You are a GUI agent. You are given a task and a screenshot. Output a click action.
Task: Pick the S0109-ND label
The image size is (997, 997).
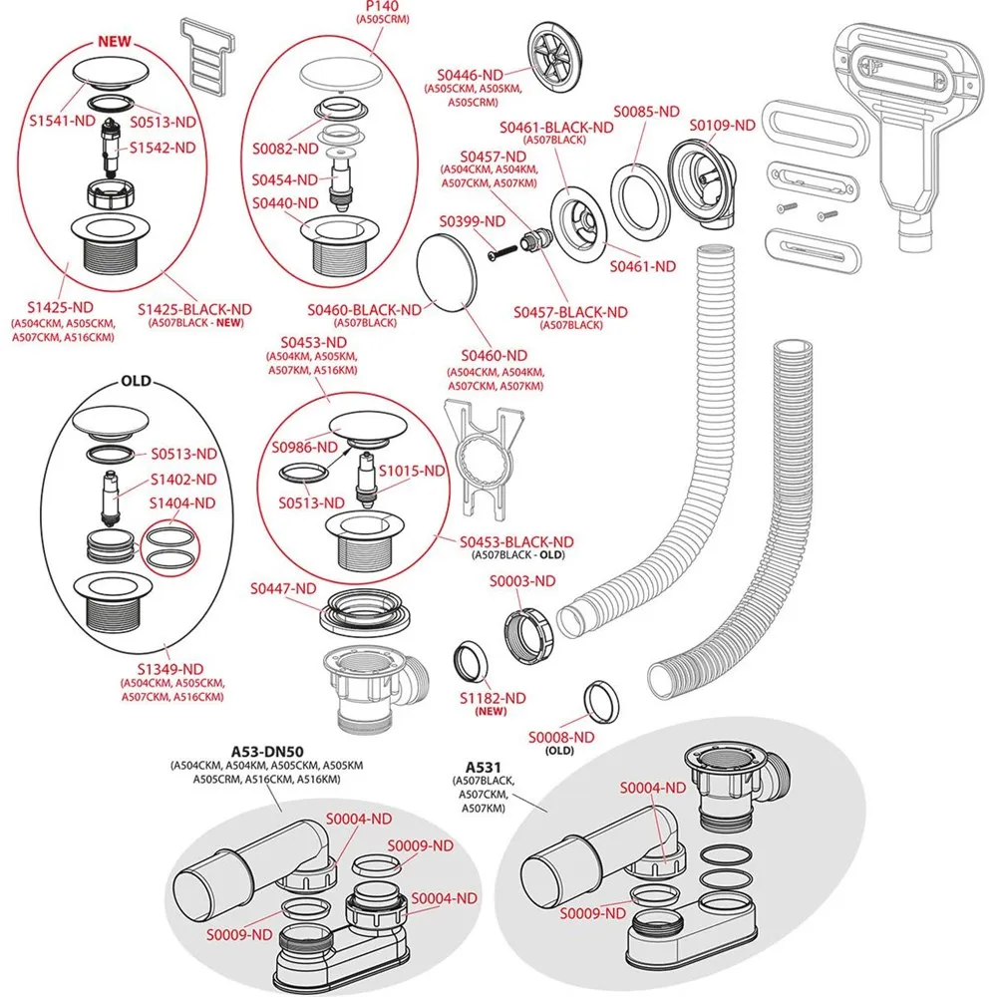[x=723, y=126]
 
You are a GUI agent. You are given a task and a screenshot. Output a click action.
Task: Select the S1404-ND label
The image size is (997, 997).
[x=183, y=503]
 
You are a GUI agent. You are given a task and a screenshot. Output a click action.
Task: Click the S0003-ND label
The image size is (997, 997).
[x=521, y=580]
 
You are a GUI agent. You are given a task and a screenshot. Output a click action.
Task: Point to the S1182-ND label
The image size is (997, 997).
[x=491, y=697]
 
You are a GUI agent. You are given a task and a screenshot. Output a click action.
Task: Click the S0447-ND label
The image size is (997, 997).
[x=284, y=589]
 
